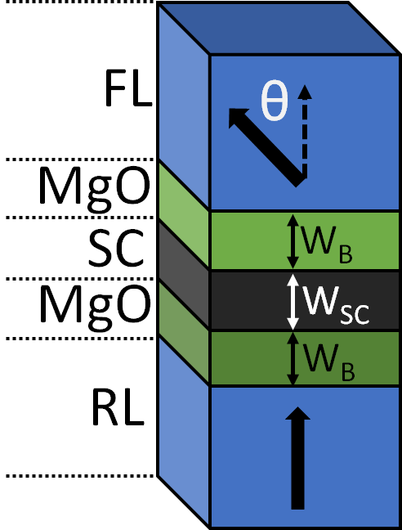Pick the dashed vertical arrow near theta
pos(305,131)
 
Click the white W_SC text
pos(333,303)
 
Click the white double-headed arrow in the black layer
pos(292,302)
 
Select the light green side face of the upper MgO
pos(184,200)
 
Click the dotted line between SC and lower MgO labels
pos(78,279)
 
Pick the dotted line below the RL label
pos(78,475)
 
